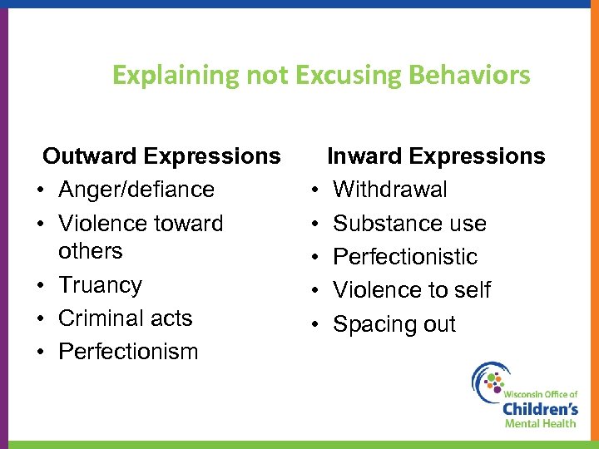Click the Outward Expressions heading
(161, 156)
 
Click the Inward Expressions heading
(436, 156)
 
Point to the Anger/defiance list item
(136, 190)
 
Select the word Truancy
(100, 285)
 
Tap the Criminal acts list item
(125, 318)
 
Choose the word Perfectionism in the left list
(128, 352)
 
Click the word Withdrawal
(389, 190)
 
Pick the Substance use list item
(409, 224)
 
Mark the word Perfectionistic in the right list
(405, 257)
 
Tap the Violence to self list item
(412, 290)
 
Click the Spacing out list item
(394, 323)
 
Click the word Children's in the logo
(540, 409)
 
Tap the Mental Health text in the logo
(540, 423)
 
